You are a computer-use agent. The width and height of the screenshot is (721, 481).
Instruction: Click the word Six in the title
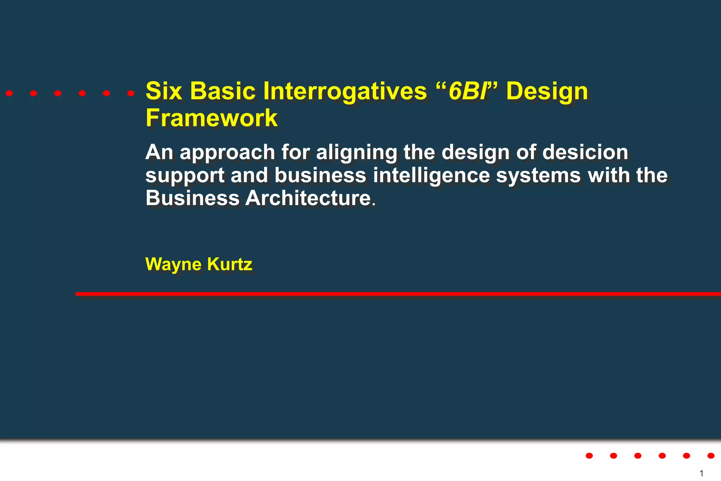pyautogui.click(x=164, y=91)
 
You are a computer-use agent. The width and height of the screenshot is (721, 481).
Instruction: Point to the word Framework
pyautogui.click(x=212, y=118)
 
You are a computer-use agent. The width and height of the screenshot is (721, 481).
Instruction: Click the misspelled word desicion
pyautogui.click(x=585, y=152)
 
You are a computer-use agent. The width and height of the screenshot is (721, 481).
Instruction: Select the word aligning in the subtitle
pyautogui.click(x=356, y=152)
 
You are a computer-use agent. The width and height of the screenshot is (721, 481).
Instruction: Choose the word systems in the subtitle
pyautogui.click(x=538, y=175)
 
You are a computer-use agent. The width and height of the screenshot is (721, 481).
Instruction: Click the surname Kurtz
pyautogui.click(x=230, y=264)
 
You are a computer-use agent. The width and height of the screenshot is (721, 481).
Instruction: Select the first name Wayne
pyautogui.click(x=173, y=264)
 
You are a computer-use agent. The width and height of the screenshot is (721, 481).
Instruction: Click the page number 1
pyautogui.click(x=701, y=473)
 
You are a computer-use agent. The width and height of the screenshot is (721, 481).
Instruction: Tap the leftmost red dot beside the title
pyautogui.click(x=10, y=93)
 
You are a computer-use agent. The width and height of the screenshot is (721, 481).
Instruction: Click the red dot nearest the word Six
pyautogui.click(x=131, y=93)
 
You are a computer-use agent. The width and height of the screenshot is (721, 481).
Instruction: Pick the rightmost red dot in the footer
pyautogui.click(x=711, y=456)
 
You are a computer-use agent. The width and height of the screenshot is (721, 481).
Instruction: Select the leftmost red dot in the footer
pyautogui.click(x=589, y=456)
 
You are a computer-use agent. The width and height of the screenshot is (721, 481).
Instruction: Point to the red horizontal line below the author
pyautogui.click(x=398, y=294)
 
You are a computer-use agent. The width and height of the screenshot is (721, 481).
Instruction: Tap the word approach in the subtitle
pyautogui.click(x=227, y=152)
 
